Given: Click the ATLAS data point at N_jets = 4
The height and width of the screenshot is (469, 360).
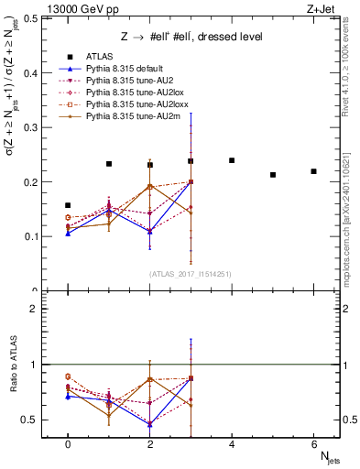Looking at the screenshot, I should (x=232, y=160).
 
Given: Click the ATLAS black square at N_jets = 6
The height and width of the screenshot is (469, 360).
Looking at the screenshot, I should (x=313, y=171).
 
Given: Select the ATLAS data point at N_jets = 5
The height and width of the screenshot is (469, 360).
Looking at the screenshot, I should (x=273, y=174).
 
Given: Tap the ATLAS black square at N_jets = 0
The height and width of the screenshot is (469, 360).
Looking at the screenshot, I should (x=68, y=205).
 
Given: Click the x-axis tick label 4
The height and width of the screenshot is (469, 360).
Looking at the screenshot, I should (x=232, y=443).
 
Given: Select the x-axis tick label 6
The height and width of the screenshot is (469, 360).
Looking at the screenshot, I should (x=313, y=443).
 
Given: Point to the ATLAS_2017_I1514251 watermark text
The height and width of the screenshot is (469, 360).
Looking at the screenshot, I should (x=190, y=274).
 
